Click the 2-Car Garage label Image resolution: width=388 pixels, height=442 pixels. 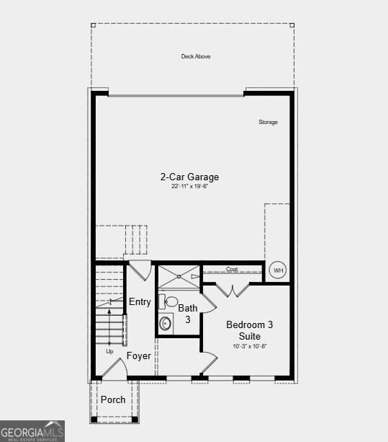click(x=189, y=177)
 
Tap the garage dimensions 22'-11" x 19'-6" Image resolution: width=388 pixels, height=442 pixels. click(x=189, y=186)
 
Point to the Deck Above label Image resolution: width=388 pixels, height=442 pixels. click(x=196, y=56)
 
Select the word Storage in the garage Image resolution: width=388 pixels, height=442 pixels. click(x=268, y=122)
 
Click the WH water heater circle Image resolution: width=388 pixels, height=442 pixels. click(x=278, y=271)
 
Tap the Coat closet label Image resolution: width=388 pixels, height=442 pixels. click(x=232, y=270)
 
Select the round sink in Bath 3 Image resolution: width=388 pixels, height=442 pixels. click(x=166, y=322)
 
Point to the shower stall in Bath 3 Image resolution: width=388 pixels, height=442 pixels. click(x=179, y=276)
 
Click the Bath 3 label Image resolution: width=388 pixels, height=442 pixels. click(x=187, y=314)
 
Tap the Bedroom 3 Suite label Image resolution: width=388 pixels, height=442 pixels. click(x=249, y=330)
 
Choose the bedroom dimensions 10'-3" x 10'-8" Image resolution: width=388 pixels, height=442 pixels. click(x=249, y=347)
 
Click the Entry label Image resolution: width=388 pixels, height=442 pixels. click(x=140, y=302)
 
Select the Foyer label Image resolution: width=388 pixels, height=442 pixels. click(x=139, y=356)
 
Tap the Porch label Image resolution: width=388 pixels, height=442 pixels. click(x=113, y=399)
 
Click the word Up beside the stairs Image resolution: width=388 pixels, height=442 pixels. click(x=109, y=351)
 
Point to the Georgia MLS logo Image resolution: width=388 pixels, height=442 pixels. click(x=32, y=430)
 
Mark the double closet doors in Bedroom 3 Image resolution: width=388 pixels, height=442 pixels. click(x=233, y=290)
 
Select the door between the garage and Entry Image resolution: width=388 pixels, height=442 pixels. click(x=140, y=270)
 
